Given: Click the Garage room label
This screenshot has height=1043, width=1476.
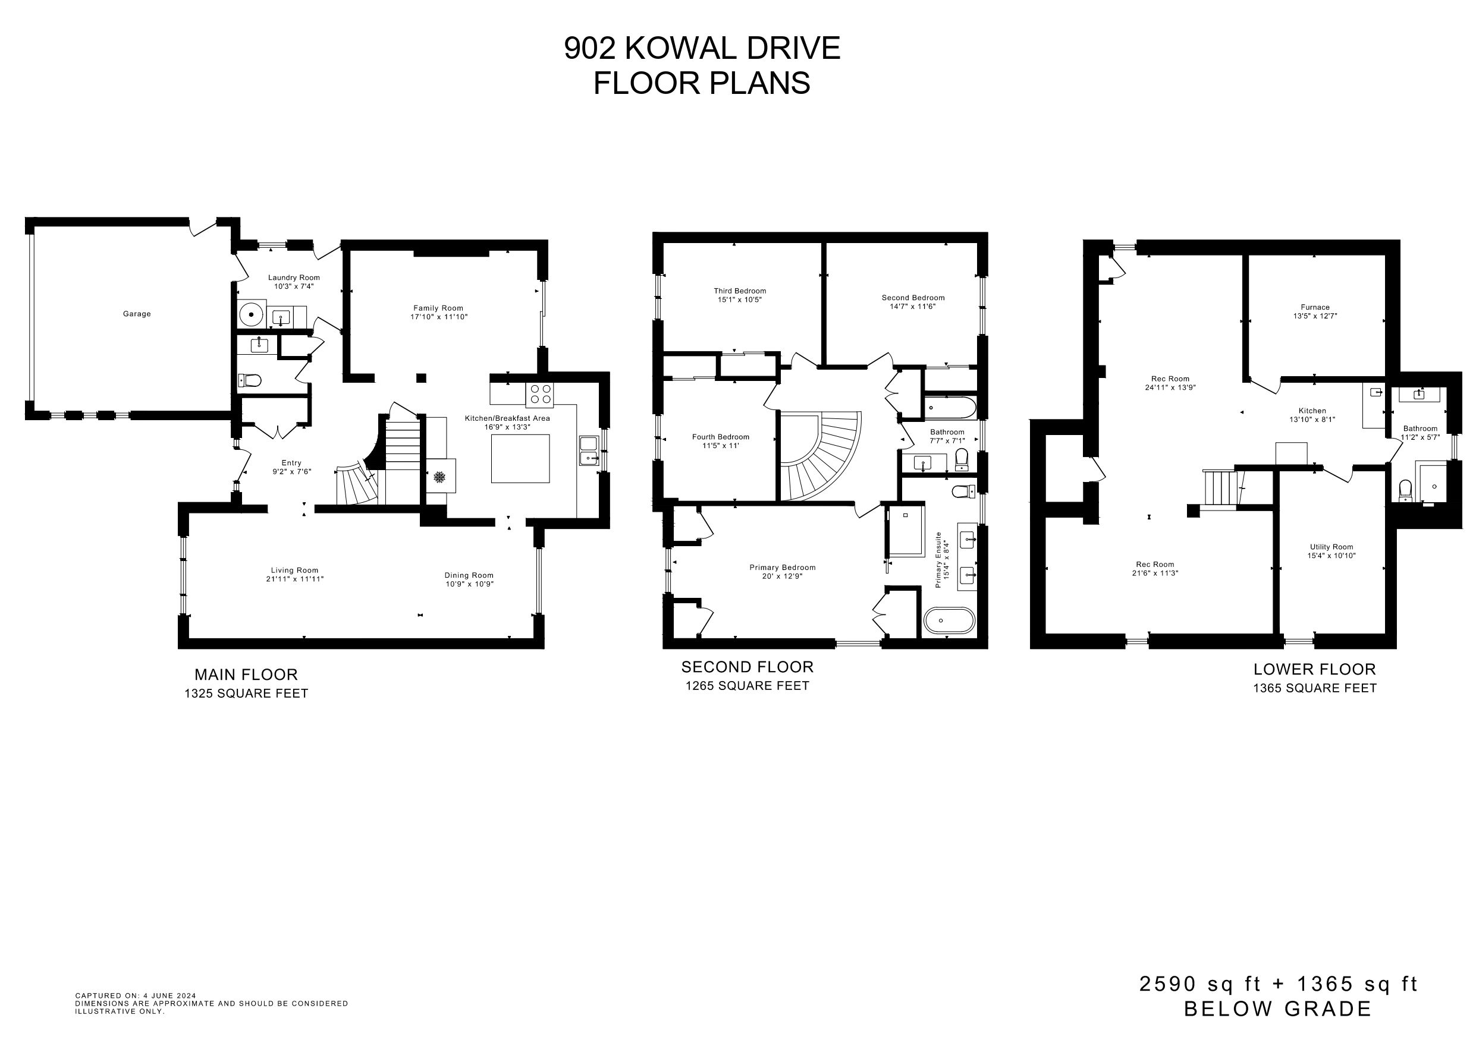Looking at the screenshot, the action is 137,314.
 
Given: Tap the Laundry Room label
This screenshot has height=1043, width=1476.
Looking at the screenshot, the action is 294,278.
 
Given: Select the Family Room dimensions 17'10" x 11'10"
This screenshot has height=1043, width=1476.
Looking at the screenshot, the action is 439,317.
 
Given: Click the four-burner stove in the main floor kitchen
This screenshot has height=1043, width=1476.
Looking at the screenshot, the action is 539,395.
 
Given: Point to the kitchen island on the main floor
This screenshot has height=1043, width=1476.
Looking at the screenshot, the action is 520,458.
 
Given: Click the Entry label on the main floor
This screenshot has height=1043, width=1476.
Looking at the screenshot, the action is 291,463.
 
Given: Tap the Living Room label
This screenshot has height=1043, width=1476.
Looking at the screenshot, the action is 294,570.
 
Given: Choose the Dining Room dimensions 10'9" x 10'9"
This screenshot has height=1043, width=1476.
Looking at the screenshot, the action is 469,584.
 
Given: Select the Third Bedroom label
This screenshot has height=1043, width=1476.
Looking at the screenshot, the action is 740,291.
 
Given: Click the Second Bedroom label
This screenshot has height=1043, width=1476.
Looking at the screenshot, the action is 913,298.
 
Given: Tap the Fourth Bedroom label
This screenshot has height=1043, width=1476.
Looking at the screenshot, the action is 721,437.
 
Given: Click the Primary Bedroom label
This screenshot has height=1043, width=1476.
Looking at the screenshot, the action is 783,568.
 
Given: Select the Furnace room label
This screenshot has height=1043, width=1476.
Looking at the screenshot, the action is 1315,307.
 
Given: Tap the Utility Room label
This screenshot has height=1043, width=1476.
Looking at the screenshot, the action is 1331,547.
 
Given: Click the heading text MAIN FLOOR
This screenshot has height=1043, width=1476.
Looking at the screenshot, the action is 246,675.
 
